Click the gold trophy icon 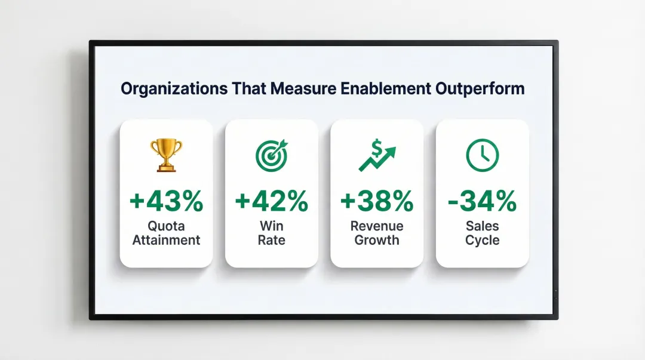click(166, 155)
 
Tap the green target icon click(272, 155)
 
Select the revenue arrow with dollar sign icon click(377, 155)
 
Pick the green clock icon click(482, 155)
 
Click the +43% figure click(166, 201)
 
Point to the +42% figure click(272, 201)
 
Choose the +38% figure click(377, 201)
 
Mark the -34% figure click(482, 201)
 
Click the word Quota click(166, 227)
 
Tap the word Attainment click(166, 241)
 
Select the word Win click(272, 227)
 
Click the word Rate click(272, 241)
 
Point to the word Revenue click(377, 227)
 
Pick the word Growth click(377, 241)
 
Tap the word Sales click(482, 227)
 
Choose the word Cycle click(482, 241)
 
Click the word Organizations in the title click(174, 89)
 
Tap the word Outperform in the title click(478, 89)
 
